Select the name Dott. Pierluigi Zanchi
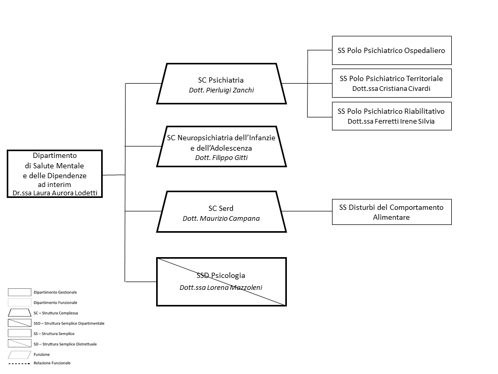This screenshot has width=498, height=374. click(x=222, y=90)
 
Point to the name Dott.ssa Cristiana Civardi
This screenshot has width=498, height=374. click(x=391, y=89)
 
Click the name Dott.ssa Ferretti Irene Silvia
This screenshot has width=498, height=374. click(x=391, y=121)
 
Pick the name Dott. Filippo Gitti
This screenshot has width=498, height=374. click(x=222, y=158)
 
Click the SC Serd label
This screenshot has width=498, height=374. click(x=221, y=208)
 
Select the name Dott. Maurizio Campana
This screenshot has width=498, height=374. click(x=222, y=219)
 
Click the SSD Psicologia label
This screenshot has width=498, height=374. click(x=221, y=275)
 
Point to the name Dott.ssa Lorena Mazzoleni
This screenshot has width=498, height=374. click(x=221, y=287)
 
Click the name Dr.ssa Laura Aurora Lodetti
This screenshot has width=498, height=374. click(x=55, y=193)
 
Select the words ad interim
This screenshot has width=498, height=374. click(x=54, y=184)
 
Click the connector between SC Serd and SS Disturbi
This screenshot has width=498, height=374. click(x=307, y=211)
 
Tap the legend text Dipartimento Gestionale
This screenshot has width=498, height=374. click(x=56, y=292)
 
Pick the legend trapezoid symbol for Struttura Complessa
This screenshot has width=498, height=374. click(x=19, y=313)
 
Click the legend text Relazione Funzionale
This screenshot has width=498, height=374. click(x=52, y=363)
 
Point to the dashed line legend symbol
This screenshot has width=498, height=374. click(x=19, y=363)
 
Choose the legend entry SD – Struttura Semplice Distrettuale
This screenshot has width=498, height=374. click(x=65, y=344)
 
